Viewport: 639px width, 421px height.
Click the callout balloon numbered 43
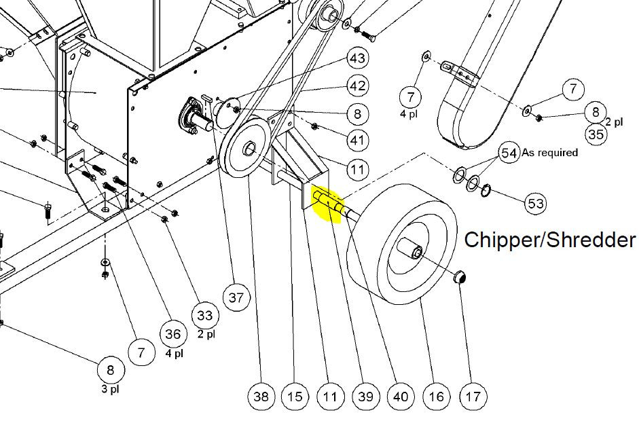point(357,58)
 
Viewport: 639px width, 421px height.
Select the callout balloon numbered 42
point(357,86)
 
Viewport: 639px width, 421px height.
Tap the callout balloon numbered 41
point(357,140)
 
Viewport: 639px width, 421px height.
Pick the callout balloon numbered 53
point(535,203)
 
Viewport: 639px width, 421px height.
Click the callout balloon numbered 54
point(509,153)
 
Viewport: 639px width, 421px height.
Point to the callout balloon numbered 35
point(596,134)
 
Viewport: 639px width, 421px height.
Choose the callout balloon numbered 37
point(236,298)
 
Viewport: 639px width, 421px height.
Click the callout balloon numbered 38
point(261,397)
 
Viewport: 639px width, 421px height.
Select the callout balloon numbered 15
point(295,397)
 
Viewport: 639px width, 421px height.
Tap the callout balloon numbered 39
point(365,397)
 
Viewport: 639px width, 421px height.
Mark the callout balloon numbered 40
point(401,397)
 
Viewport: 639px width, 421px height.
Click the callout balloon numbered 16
point(436,397)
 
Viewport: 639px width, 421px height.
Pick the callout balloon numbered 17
point(473,397)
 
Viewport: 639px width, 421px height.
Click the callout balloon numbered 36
point(172,334)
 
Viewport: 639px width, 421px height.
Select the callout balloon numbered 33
point(204,316)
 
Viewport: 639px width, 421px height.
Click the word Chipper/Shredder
point(549,240)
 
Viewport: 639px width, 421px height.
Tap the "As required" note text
point(550,152)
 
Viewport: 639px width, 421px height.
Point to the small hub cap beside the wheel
point(460,277)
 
